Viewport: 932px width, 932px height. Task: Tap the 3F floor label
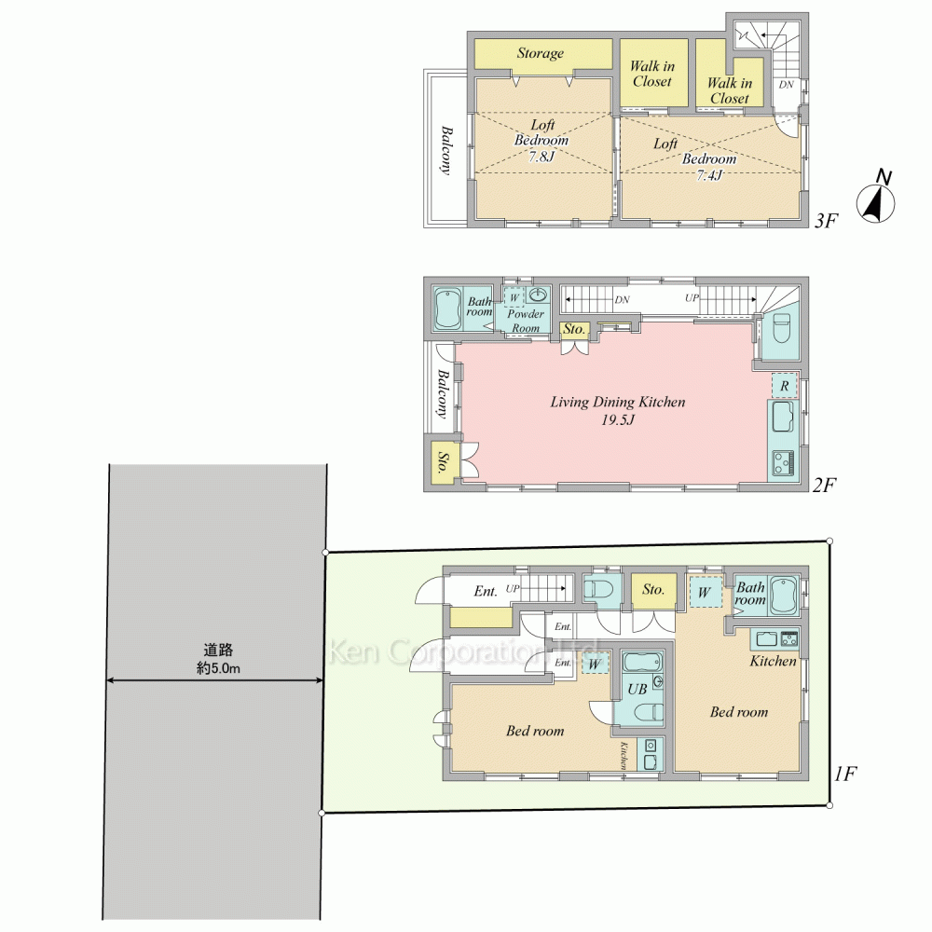click(827, 222)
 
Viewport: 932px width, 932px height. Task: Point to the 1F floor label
click(844, 773)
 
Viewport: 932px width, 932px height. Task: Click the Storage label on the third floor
click(541, 53)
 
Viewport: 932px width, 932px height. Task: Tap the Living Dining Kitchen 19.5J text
click(618, 411)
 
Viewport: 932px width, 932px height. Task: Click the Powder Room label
click(526, 321)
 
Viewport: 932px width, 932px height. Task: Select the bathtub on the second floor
click(448, 308)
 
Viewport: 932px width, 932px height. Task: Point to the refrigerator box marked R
click(785, 384)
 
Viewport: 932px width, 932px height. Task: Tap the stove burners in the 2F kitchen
click(781, 461)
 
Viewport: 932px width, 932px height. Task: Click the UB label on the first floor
click(637, 690)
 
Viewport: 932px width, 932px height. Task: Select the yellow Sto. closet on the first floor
click(653, 590)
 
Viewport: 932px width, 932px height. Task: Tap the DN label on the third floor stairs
click(787, 85)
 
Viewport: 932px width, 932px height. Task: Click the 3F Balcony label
click(447, 149)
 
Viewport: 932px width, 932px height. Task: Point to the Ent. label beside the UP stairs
click(485, 591)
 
